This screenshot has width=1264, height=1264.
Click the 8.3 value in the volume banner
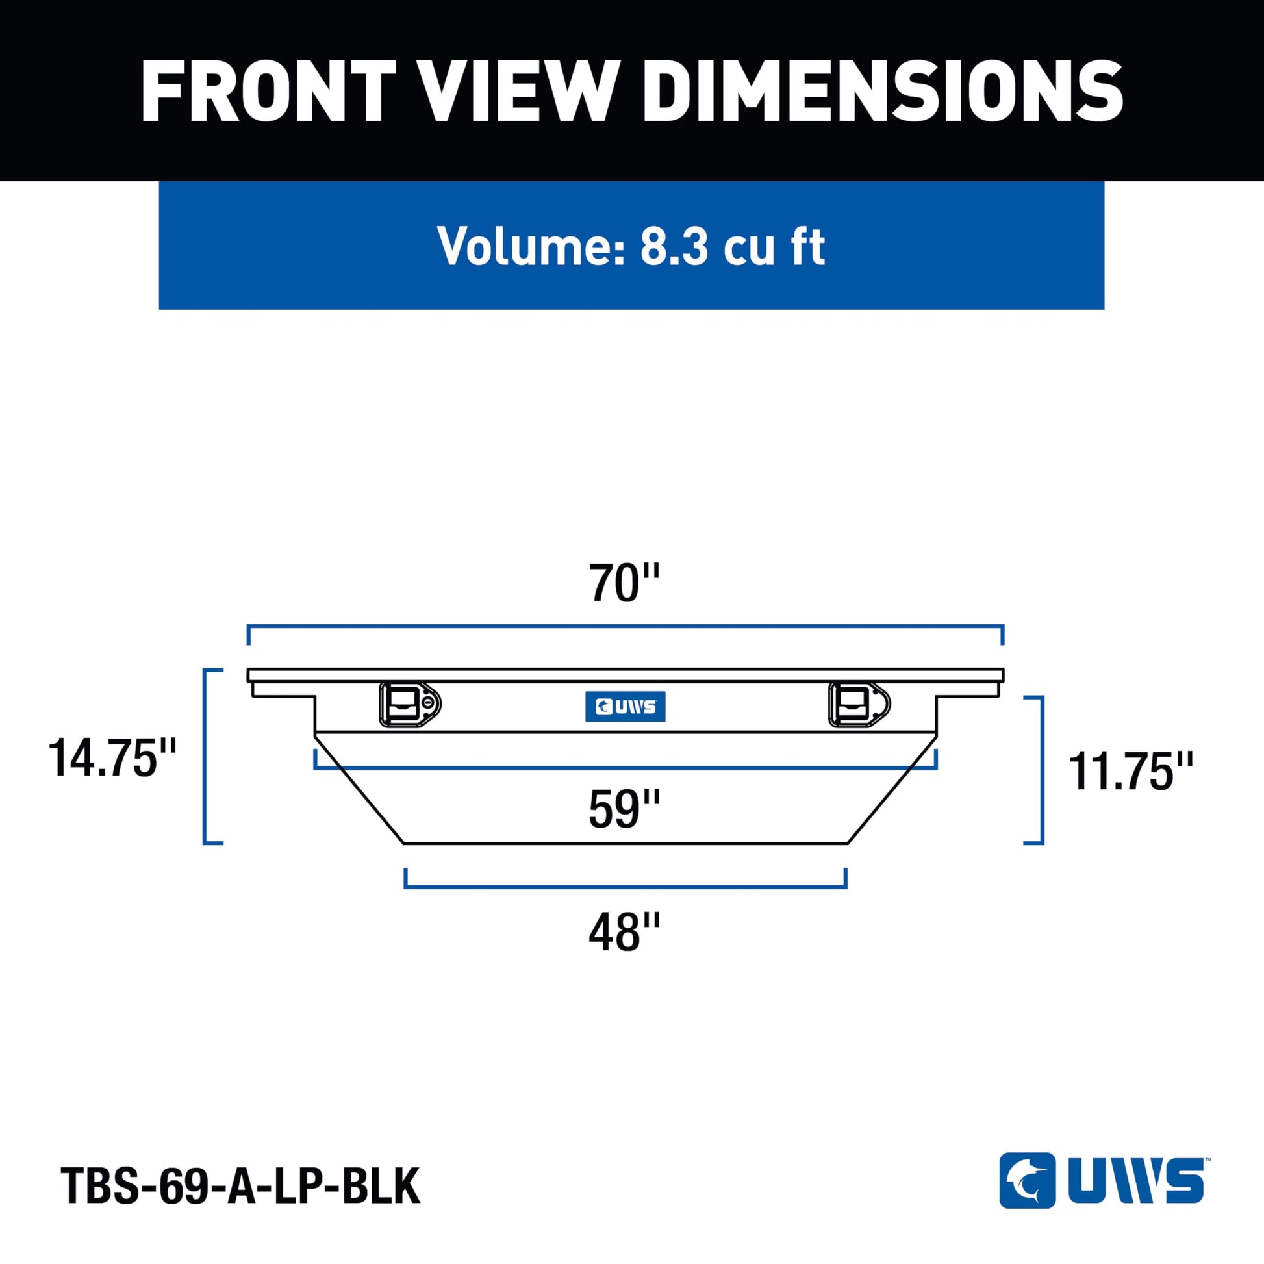[674, 246]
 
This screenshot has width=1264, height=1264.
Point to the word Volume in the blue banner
[531, 246]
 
